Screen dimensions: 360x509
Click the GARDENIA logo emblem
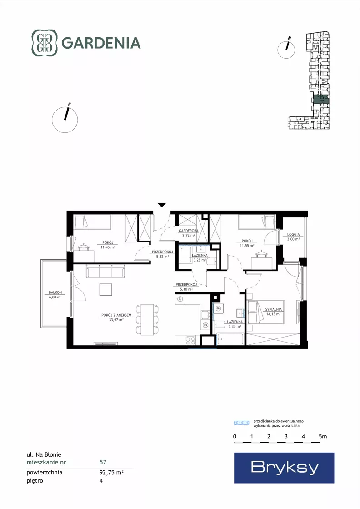coord(45,43)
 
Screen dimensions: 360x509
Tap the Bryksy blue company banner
coord(284,468)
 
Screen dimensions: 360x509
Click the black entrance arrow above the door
coord(162,205)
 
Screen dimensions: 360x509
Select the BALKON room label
coord(55,292)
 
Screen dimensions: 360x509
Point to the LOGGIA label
coord(293,234)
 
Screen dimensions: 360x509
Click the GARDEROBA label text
coord(189,231)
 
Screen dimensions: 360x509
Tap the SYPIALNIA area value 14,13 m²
coord(273,314)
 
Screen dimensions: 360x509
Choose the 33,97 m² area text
coord(116,320)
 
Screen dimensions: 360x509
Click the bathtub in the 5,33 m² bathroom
coord(230,339)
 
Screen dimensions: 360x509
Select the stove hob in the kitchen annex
coord(191,340)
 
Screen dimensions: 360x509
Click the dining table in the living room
coord(147,319)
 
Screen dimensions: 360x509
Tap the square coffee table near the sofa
coord(106,290)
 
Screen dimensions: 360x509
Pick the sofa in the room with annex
coord(106,271)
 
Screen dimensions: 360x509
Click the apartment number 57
coord(103,462)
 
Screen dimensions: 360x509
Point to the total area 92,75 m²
coord(111,472)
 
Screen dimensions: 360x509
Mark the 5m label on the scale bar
coord(323,436)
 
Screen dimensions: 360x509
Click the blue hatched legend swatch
coord(242,423)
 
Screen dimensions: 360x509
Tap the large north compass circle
coord(65,120)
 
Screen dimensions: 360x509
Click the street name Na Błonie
coord(48,454)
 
